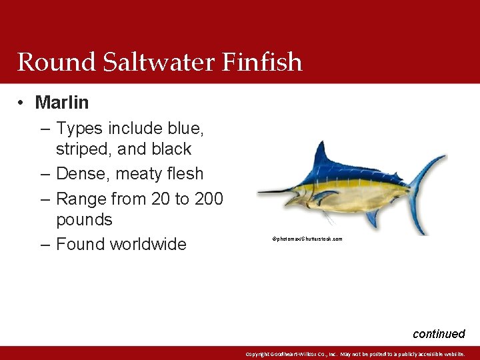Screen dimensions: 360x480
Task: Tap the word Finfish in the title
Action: click(265, 62)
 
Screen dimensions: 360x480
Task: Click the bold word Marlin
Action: click(61, 103)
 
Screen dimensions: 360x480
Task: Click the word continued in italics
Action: click(439, 334)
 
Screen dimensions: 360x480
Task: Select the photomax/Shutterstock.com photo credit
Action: click(307, 238)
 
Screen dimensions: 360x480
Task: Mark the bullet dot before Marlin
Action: click(22, 103)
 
